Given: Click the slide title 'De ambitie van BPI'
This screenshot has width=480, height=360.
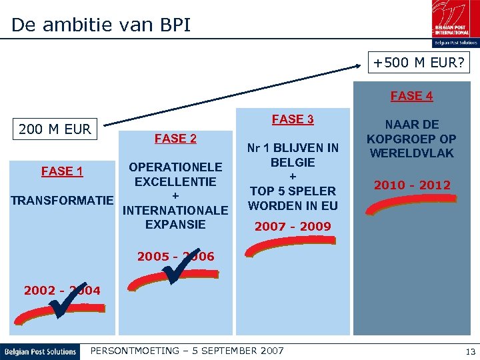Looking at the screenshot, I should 101,25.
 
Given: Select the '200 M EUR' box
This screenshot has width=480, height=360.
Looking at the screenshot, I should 55,129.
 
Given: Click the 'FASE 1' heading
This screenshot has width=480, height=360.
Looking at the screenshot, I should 62,171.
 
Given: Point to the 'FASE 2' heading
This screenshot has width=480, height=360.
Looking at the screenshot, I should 175,139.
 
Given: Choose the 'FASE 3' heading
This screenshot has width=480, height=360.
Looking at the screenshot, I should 293,119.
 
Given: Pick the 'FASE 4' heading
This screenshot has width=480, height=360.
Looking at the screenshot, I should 411,96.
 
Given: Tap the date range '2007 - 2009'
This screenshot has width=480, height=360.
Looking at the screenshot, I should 293,227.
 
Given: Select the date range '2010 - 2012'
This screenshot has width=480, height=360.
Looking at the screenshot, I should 412,185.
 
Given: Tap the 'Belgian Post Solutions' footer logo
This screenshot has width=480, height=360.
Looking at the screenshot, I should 40,351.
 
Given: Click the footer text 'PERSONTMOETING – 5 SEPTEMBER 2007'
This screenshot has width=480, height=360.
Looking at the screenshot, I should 187,351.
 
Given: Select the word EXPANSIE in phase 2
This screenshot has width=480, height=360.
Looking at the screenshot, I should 175,224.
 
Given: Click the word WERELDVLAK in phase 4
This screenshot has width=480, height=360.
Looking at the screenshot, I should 411,153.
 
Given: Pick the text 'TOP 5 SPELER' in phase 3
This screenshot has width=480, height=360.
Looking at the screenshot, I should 293,191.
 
